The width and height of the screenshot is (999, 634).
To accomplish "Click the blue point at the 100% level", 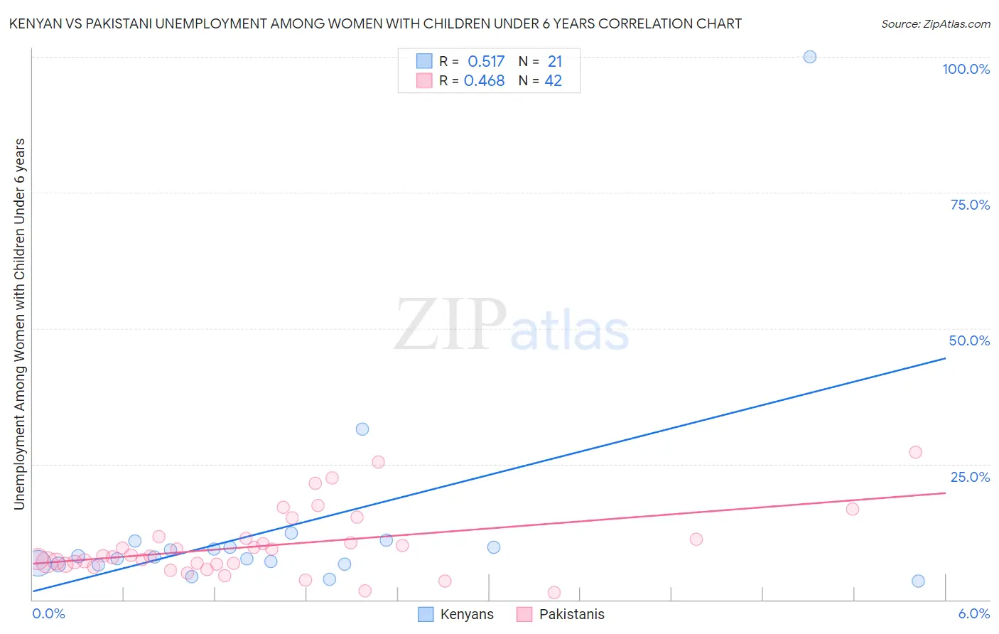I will click(x=809, y=57).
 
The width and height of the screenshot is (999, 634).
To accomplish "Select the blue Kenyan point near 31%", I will click(x=362, y=429).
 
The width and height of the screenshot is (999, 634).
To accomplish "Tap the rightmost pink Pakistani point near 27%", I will click(x=915, y=452).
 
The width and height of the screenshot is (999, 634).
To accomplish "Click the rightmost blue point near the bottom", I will click(x=918, y=581).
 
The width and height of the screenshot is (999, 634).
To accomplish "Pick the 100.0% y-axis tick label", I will click(x=966, y=69).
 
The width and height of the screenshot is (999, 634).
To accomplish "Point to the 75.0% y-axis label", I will click(x=970, y=205).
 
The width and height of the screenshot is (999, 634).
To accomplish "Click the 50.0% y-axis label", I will click(x=969, y=340).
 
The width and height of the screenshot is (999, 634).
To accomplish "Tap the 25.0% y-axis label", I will click(x=970, y=477).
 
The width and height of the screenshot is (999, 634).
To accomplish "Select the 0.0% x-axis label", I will click(x=48, y=613).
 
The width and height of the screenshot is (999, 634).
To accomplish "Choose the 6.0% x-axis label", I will click(x=973, y=613).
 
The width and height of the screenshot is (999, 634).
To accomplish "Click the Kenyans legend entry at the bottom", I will click(x=466, y=614).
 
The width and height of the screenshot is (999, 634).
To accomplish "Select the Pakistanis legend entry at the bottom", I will click(x=571, y=614).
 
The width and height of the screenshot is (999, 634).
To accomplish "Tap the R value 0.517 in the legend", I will click(x=486, y=62).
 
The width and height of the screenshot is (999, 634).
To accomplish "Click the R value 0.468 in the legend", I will click(x=484, y=81).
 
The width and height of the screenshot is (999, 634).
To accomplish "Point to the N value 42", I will click(x=553, y=81).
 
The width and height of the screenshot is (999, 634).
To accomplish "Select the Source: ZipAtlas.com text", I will click(x=935, y=23).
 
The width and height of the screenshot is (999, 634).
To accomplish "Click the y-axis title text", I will click(x=19, y=324).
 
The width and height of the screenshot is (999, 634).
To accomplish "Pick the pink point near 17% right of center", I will click(x=852, y=509).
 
